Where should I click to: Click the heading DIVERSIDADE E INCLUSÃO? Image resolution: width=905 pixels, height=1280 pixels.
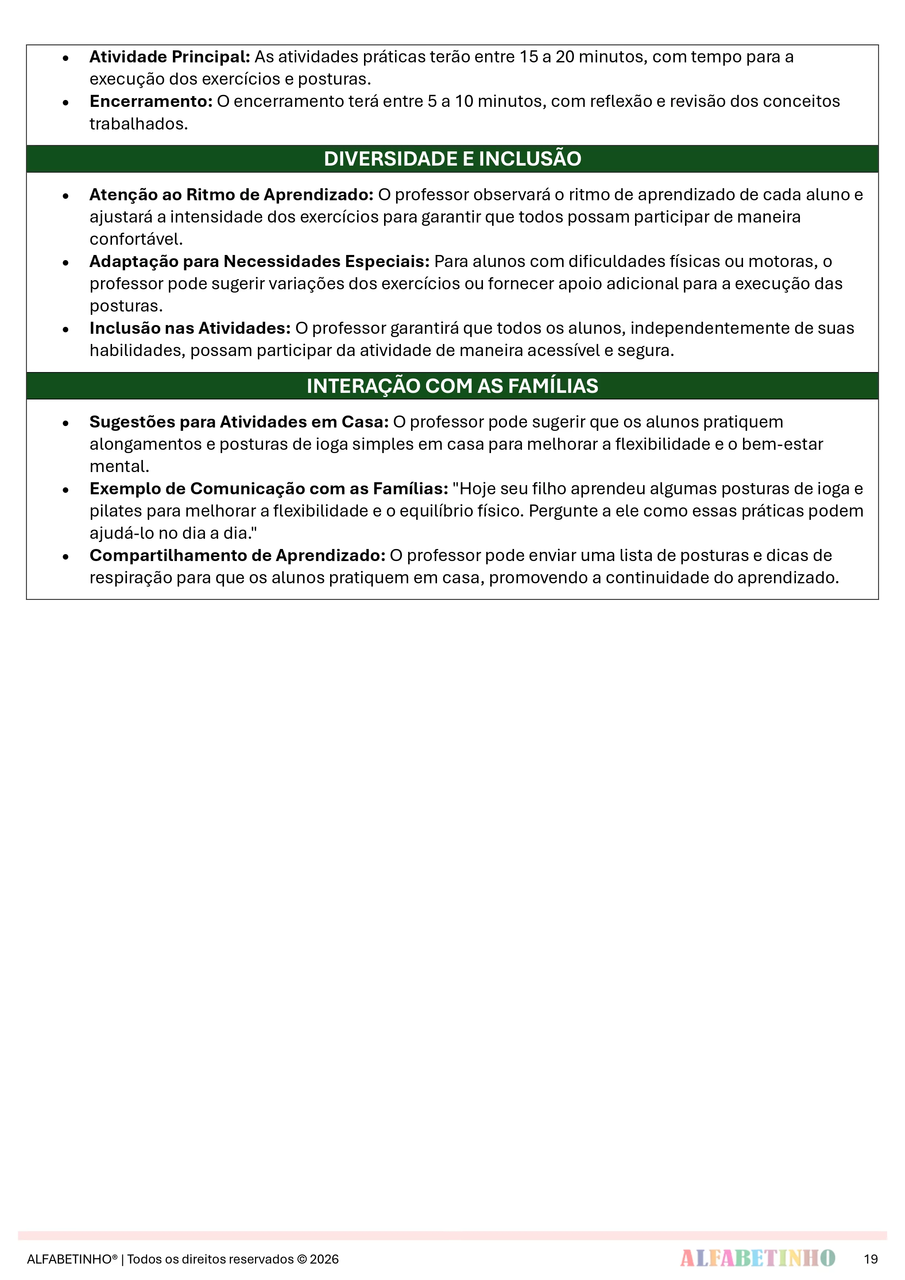(452, 159)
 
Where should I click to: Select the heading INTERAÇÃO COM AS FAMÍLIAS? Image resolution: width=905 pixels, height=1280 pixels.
(452, 386)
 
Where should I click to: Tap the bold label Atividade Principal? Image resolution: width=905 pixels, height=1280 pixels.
(170, 57)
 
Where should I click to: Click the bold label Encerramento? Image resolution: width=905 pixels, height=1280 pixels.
(151, 101)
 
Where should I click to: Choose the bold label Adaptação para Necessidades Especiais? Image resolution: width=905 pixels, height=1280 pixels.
(259, 262)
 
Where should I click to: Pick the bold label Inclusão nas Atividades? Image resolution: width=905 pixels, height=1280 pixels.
(190, 328)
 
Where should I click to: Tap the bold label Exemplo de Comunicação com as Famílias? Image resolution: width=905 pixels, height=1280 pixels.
(269, 489)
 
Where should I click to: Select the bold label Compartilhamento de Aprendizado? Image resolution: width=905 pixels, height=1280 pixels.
(237, 556)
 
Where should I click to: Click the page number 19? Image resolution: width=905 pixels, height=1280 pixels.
(870, 1259)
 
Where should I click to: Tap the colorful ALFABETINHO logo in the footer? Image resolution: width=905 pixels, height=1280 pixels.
(757, 1258)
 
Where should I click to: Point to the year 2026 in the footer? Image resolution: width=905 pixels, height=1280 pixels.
(325, 1259)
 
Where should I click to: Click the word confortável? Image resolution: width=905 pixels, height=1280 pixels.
(136, 239)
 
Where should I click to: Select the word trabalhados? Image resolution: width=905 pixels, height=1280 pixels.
(138, 124)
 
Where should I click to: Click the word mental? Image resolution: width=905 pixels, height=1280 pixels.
(119, 467)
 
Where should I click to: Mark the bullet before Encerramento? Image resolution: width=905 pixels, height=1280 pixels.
(66, 103)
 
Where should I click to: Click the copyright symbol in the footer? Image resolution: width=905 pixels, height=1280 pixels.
(302, 1259)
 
